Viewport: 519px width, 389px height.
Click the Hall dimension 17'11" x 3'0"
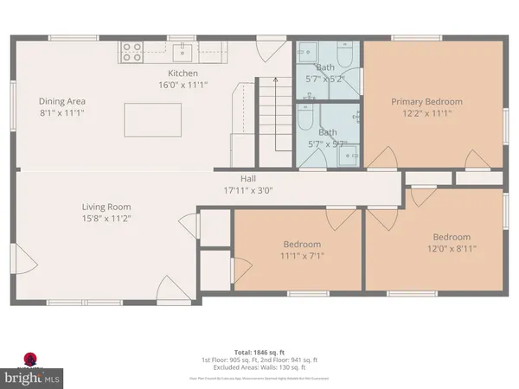click(x=247, y=190)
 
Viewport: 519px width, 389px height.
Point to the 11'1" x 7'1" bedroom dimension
click(x=302, y=256)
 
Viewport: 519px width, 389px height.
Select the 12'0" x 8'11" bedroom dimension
click(x=451, y=249)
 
